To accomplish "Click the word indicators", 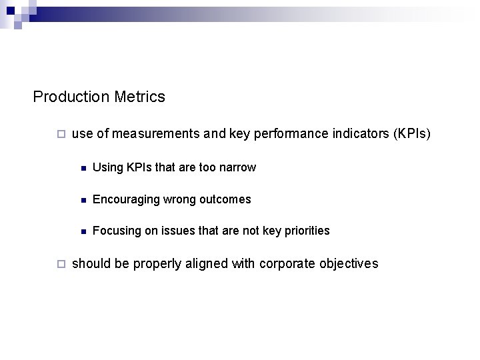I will (x=358, y=134).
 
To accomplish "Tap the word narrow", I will (x=238, y=167).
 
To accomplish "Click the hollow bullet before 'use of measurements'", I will (x=61, y=134).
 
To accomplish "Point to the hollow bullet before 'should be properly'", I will (x=61, y=263).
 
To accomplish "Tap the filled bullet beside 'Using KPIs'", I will (x=81, y=168).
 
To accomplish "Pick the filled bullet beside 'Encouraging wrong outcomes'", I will (x=81, y=200).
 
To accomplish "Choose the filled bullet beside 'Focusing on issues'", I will (x=81, y=231).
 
